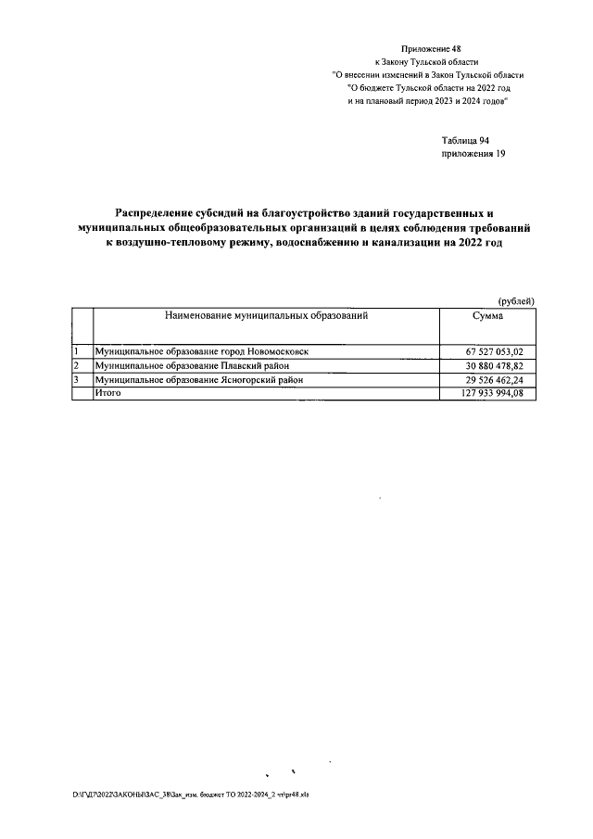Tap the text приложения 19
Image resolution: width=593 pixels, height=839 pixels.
473,154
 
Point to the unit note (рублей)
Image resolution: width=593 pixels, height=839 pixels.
517,301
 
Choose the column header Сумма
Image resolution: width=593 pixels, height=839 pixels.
487,317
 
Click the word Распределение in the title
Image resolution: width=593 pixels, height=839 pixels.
159,213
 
